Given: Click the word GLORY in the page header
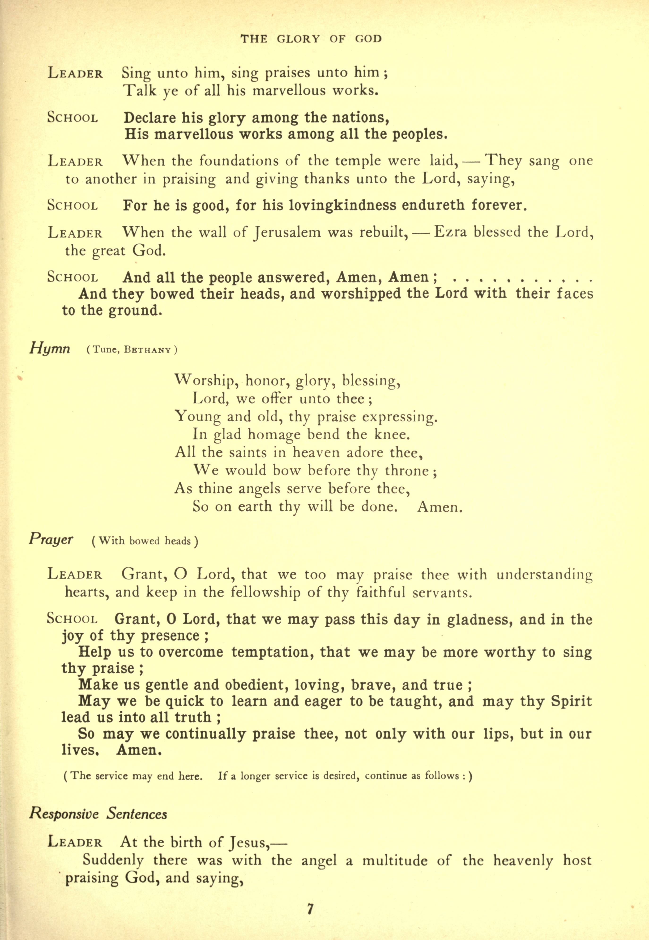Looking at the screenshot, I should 298,39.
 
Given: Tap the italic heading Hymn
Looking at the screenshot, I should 50,348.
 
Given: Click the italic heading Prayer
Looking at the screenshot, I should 51,539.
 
